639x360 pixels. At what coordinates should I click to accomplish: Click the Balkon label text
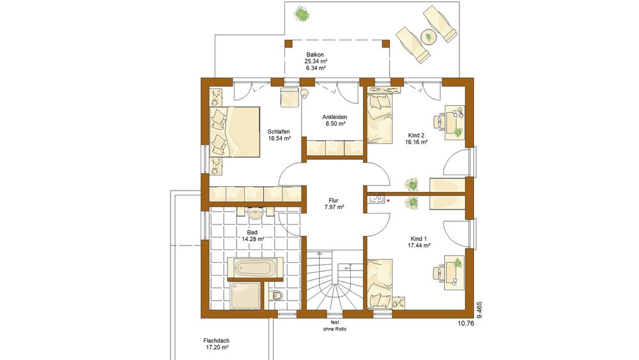[x=316, y=54]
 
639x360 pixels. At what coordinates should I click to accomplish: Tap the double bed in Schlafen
[x=235, y=131]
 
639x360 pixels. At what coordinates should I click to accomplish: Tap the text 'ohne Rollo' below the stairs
[x=334, y=329]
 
